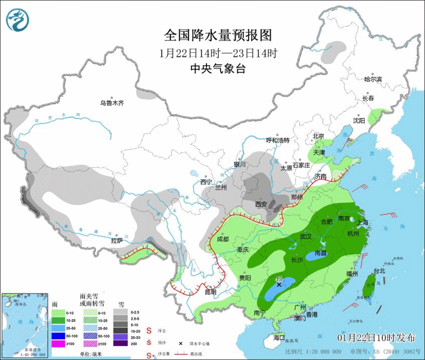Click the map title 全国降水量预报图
[x=218, y=36]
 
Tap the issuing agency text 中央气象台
[x=218, y=69]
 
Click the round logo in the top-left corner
[x=18, y=20]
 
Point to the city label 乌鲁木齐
[x=111, y=103]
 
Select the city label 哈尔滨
[x=373, y=79]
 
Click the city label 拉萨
[x=117, y=241]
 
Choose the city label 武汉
[x=306, y=236]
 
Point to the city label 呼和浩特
[x=278, y=140]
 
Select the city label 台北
[x=379, y=271]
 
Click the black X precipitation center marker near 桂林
[x=279, y=284]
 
